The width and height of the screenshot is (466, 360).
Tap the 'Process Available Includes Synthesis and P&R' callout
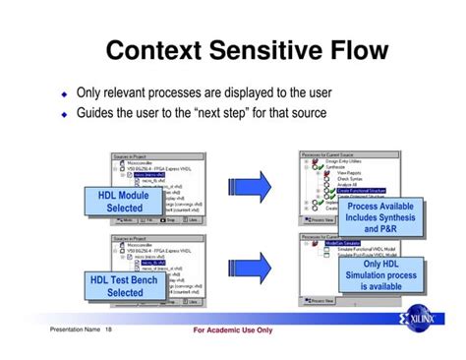click(380, 217)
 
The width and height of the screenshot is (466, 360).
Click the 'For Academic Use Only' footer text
click(232, 330)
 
